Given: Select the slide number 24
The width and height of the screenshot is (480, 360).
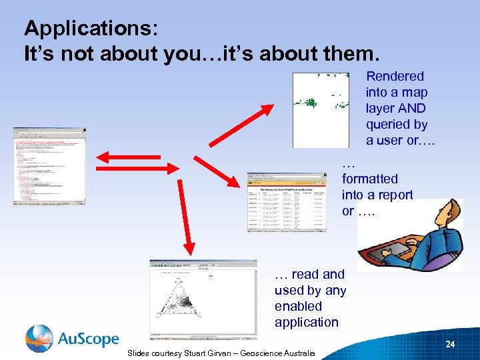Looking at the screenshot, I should [450, 345].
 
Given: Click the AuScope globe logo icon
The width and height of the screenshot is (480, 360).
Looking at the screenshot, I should [39, 339].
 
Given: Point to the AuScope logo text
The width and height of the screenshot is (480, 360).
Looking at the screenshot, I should [88, 339].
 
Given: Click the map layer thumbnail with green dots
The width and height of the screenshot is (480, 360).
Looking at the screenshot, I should [321, 109].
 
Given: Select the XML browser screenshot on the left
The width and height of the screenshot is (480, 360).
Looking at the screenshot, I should [49, 165].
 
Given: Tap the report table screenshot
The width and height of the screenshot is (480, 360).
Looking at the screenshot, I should [287, 201].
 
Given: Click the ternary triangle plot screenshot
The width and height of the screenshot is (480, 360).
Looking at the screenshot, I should [203, 299].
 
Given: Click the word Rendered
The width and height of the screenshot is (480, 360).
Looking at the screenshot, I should [395, 77].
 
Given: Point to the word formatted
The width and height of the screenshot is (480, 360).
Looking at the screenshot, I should [369, 179].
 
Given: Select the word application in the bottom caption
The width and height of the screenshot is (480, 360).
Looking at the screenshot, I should [307, 322].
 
